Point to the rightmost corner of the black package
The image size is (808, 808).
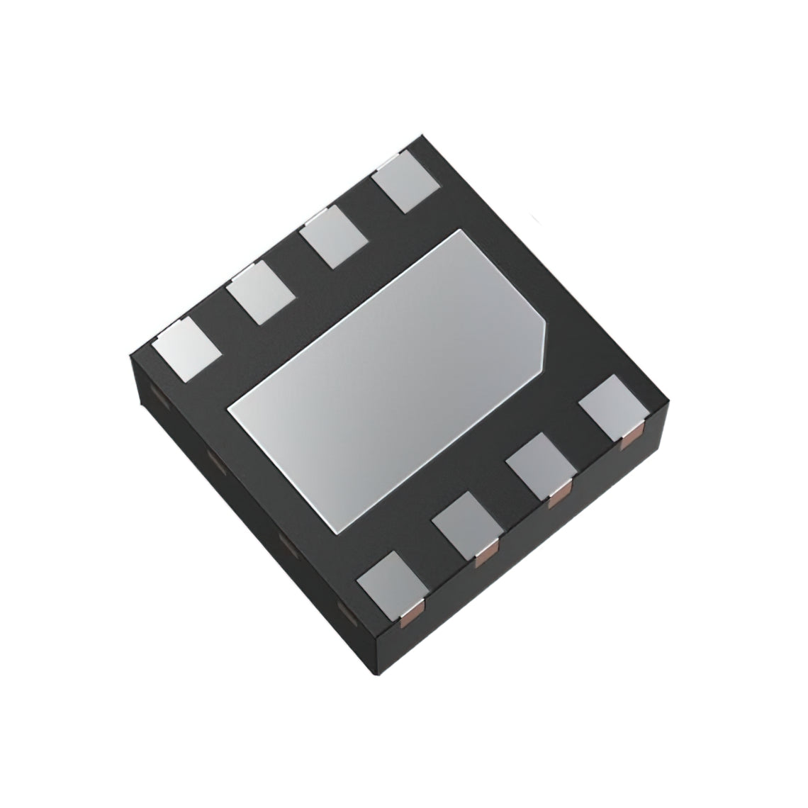click(x=667, y=404)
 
